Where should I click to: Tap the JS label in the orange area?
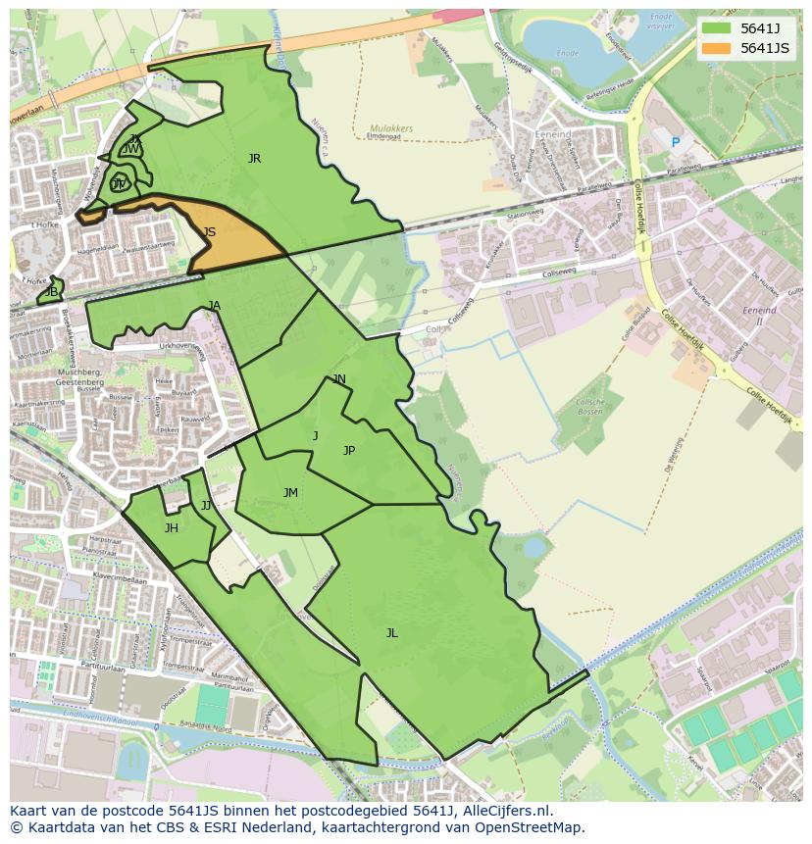tap(209, 232)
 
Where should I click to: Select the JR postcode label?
tap(254, 159)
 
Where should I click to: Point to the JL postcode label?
tap(391, 633)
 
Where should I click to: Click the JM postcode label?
tap(290, 493)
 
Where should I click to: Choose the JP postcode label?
tap(348, 451)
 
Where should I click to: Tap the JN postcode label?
tap(339, 379)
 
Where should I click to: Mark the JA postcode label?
tap(215, 306)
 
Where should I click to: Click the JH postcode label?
tap(171, 528)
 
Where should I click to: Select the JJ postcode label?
tap(206, 506)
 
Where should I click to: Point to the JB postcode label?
tap(51, 292)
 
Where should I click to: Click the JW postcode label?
tap(131, 149)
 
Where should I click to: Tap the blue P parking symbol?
tap(675, 143)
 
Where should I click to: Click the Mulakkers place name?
tap(391, 128)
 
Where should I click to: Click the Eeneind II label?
tap(759, 316)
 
